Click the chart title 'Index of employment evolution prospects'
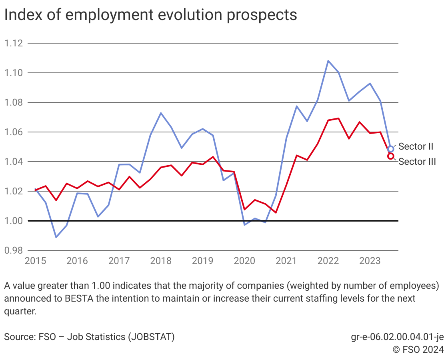click(150, 15)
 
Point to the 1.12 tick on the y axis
click(13, 43)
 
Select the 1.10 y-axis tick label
click(13, 73)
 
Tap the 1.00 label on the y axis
click(13, 221)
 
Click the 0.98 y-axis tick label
click(13, 250)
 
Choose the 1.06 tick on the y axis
click(13, 132)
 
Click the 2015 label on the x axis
click(36, 261)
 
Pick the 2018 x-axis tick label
click(161, 261)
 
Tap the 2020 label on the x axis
click(244, 261)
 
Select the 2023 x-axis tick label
click(370, 261)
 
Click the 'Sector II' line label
click(416, 147)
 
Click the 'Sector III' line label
click(417, 162)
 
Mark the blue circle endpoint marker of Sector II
click(391, 149)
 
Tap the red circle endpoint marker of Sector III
click(391, 156)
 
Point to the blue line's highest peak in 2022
click(328, 61)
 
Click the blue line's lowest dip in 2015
click(56, 237)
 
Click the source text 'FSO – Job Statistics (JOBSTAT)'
click(89, 337)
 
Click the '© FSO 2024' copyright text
click(418, 350)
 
